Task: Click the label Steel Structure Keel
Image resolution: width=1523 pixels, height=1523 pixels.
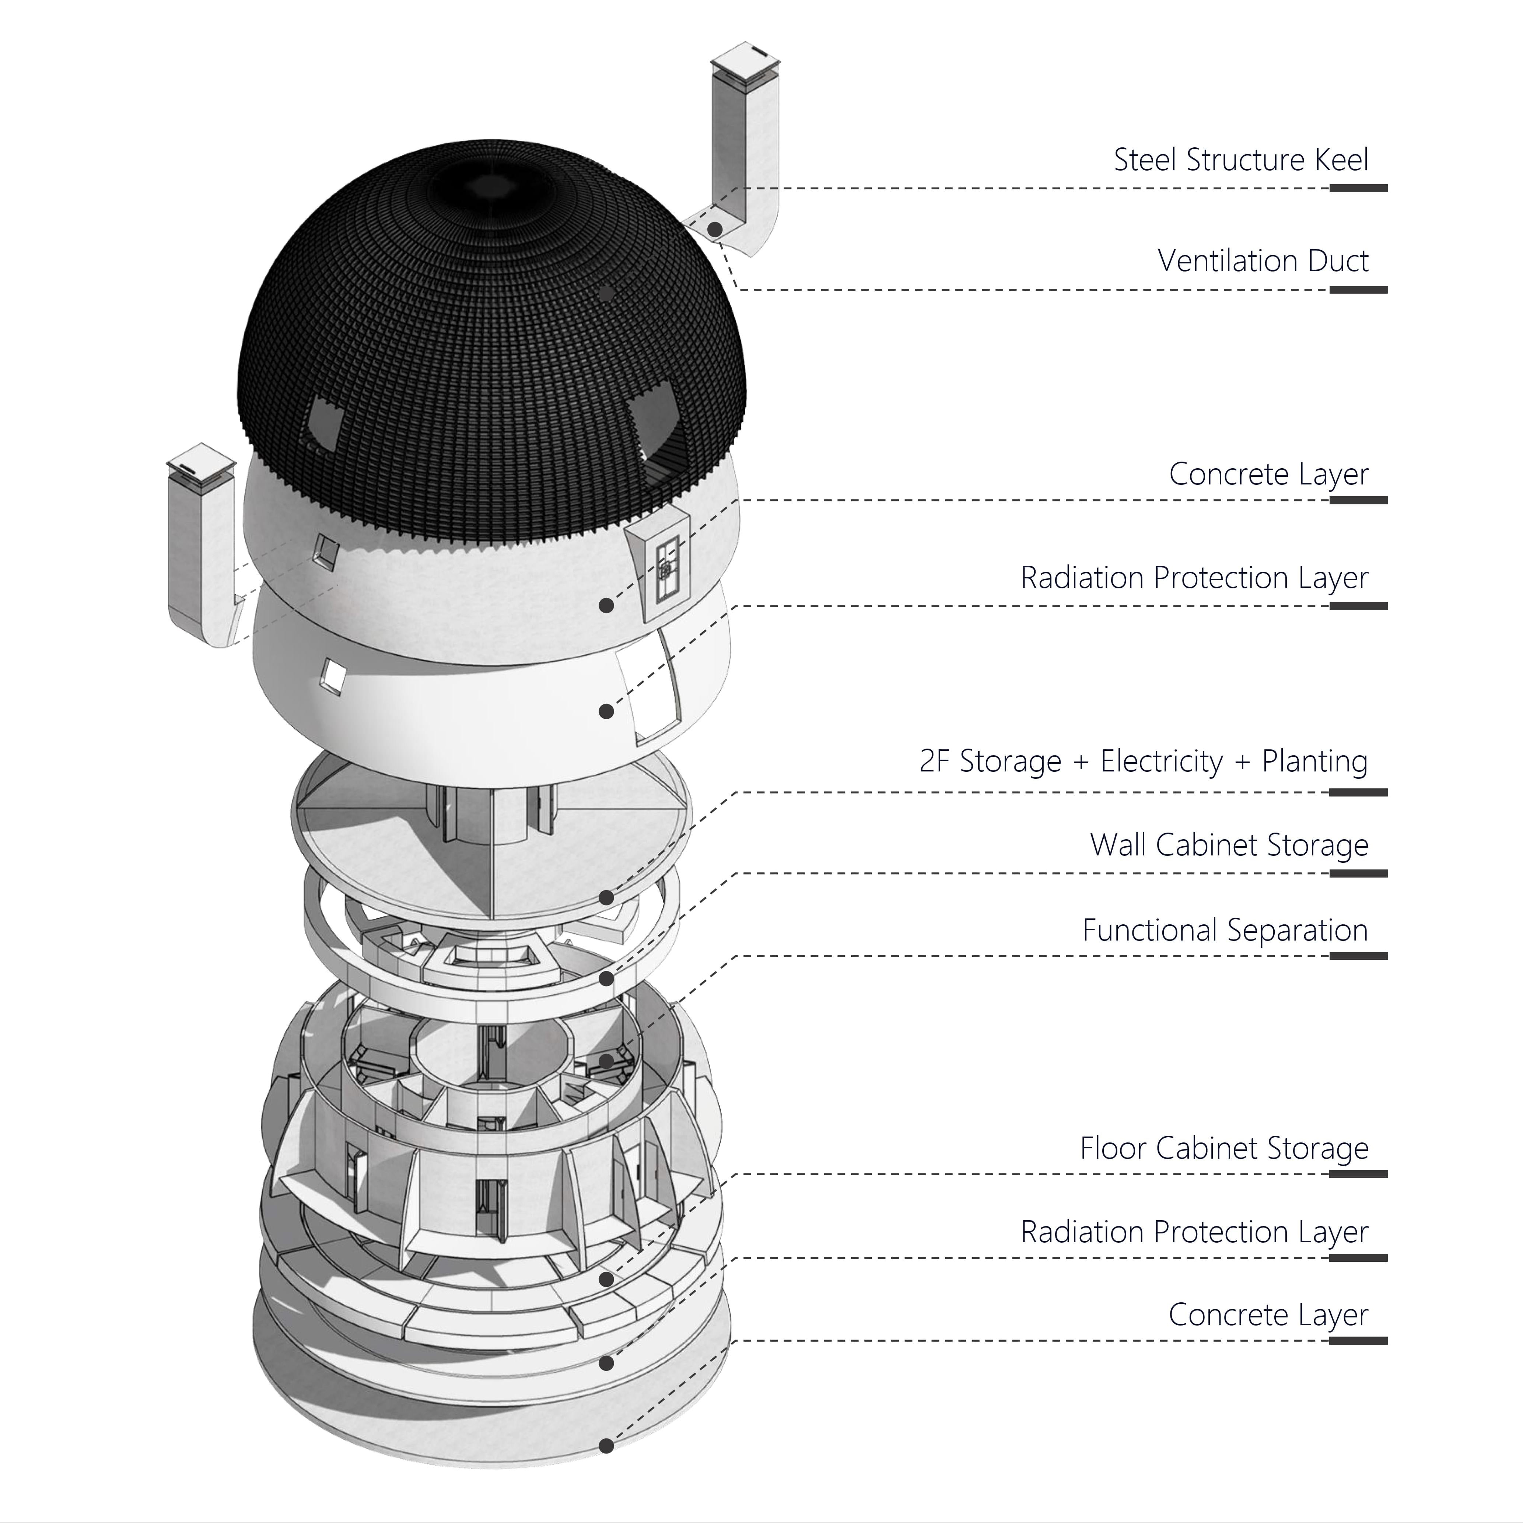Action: [x=1241, y=160]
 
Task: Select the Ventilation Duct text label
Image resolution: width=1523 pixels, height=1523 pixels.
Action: [x=1263, y=261]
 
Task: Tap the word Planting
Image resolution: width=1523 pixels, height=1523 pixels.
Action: [x=1315, y=761]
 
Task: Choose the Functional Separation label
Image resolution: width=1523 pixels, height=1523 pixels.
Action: [x=1225, y=930]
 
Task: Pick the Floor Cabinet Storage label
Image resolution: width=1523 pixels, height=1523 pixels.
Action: [x=1224, y=1149]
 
